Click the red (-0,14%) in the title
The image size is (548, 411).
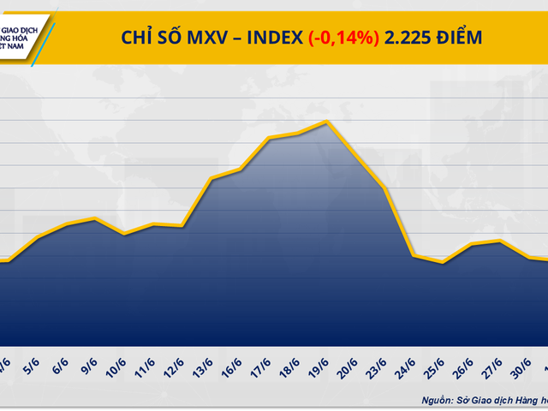pos(344,38)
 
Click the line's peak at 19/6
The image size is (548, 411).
pos(327,122)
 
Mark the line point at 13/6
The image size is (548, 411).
pos(211,178)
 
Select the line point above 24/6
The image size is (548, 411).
pos(414,255)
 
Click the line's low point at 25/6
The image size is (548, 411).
pos(442,262)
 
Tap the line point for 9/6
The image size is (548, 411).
pos(96,218)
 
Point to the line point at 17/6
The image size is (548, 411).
pos(270,138)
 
